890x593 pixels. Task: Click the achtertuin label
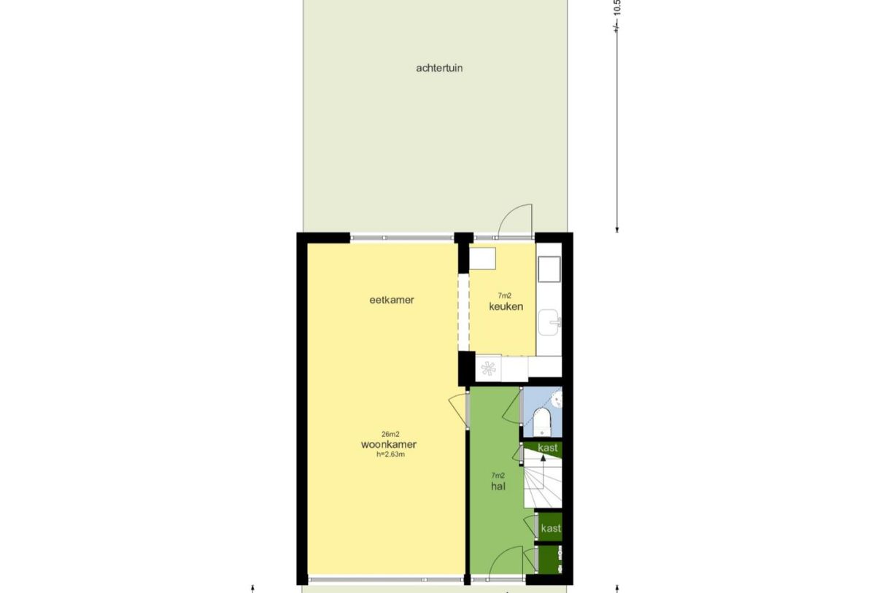439,68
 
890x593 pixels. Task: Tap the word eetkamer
392,300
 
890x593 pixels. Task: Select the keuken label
506,306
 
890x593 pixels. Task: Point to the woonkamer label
388,444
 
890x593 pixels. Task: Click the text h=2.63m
388,454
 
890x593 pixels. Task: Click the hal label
498,486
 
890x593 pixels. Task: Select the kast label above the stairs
548,448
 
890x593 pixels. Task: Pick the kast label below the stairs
551,528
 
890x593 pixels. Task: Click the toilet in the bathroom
541,422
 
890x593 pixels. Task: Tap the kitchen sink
549,321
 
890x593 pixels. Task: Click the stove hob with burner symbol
488,367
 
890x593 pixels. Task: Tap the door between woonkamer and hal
458,408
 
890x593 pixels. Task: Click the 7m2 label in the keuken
504,295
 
